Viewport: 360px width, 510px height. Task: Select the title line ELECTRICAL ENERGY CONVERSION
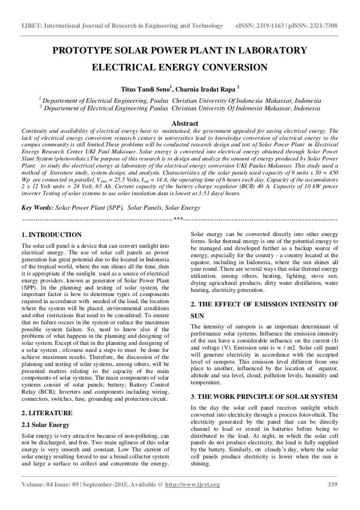point(180,67)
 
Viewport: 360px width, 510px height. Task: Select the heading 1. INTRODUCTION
point(52,235)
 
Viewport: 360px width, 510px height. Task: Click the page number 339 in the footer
point(331,498)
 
